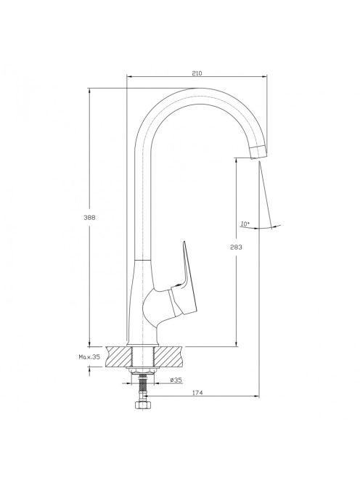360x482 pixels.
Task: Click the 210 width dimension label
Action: [x=197, y=73]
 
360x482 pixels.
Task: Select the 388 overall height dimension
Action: [x=89, y=217]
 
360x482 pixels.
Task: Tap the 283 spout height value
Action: [x=236, y=247]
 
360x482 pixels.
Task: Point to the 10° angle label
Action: [x=245, y=224]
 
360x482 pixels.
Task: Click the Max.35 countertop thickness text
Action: [x=89, y=357]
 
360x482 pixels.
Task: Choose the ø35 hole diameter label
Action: [x=176, y=380]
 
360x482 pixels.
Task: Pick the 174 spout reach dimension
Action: [x=197, y=393]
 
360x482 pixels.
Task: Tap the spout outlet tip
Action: [x=258, y=152]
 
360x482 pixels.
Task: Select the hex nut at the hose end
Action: [x=142, y=405]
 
